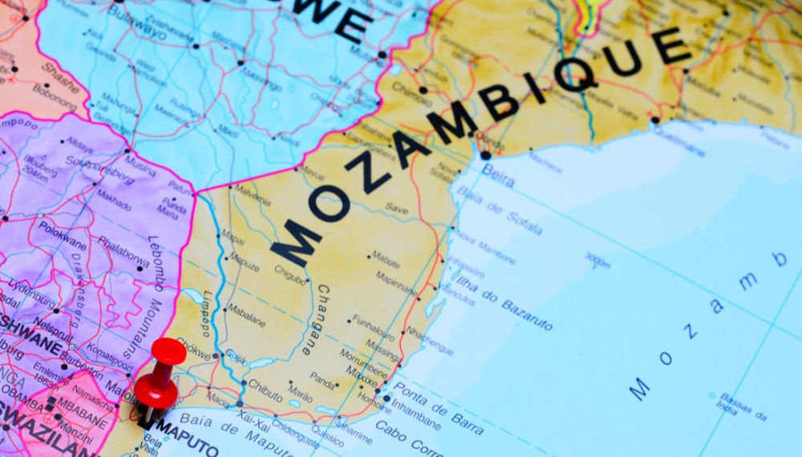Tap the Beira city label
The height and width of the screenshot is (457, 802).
tap(498, 175)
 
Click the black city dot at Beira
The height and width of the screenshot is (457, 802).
tap(485, 156)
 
